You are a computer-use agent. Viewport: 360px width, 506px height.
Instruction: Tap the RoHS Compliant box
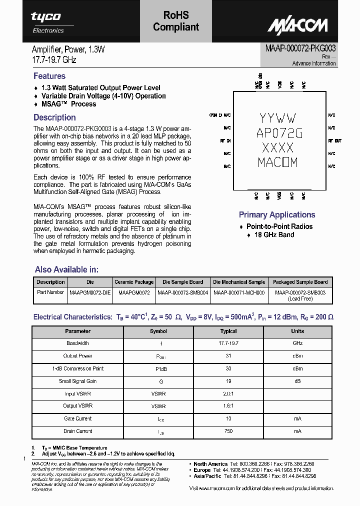[x=176, y=21]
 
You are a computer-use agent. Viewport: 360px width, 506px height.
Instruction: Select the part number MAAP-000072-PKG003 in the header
[x=297, y=48]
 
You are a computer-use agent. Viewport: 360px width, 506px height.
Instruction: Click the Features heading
[x=49, y=76]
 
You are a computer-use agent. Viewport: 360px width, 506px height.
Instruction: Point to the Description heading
[x=54, y=117]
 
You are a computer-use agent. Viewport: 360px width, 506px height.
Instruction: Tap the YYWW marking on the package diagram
[x=278, y=118]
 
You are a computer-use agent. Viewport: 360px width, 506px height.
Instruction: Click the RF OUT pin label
[x=335, y=141]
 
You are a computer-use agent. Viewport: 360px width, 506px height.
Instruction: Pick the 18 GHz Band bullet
[x=274, y=234]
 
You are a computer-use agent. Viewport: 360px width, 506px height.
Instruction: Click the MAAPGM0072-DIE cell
[x=90, y=292]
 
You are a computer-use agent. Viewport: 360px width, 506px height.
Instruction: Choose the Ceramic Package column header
[x=134, y=282]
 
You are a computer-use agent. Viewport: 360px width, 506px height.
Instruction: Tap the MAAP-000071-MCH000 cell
[x=239, y=292]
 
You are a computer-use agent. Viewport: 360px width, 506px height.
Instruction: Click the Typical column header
[x=228, y=331]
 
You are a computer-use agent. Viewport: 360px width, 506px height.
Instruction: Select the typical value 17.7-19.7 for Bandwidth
[x=228, y=343]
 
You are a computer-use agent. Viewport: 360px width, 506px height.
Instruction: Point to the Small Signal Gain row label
[x=77, y=381]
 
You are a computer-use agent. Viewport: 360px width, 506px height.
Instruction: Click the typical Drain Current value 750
[x=228, y=431]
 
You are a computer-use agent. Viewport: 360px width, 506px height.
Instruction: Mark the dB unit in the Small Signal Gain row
[x=297, y=381]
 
